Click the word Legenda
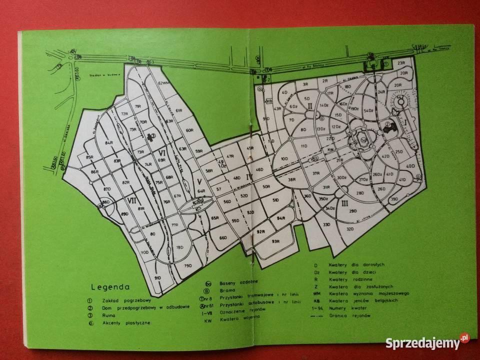pos(110,287)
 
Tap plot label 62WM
pos(163,82)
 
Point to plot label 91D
pos(157,277)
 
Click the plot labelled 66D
pos(223,238)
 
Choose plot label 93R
pos(275,241)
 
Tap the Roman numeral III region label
pos(345,203)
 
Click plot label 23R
pos(401,63)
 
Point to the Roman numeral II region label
pos(310,105)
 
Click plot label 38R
pos(292,179)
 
